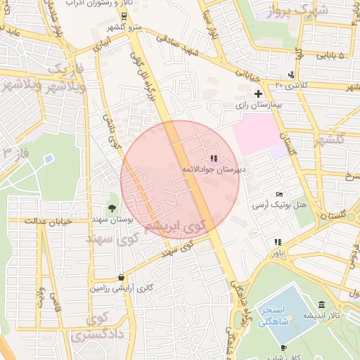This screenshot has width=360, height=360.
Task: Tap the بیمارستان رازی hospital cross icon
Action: coord(258,93)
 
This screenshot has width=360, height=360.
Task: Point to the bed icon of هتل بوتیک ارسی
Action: coord(280,194)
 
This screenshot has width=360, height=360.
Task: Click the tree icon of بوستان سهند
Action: coord(112,207)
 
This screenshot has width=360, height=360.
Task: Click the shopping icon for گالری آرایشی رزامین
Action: coord(122,278)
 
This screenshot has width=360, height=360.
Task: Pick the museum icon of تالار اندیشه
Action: coord(321,305)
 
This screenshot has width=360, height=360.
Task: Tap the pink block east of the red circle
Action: coord(256,134)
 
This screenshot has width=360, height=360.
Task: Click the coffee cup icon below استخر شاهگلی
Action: coord(283,348)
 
